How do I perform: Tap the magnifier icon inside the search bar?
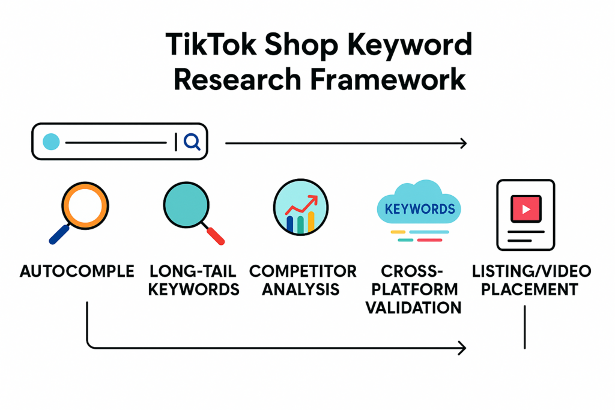[192, 142]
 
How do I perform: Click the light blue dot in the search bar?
[52, 142]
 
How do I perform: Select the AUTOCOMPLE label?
[77, 271]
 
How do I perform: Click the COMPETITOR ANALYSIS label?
[303, 280]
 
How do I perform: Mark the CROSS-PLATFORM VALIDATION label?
[414, 289]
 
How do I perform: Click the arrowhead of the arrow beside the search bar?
[462, 143]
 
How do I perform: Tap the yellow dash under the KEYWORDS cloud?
[398, 232]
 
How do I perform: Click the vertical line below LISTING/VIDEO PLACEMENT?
[524, 327]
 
